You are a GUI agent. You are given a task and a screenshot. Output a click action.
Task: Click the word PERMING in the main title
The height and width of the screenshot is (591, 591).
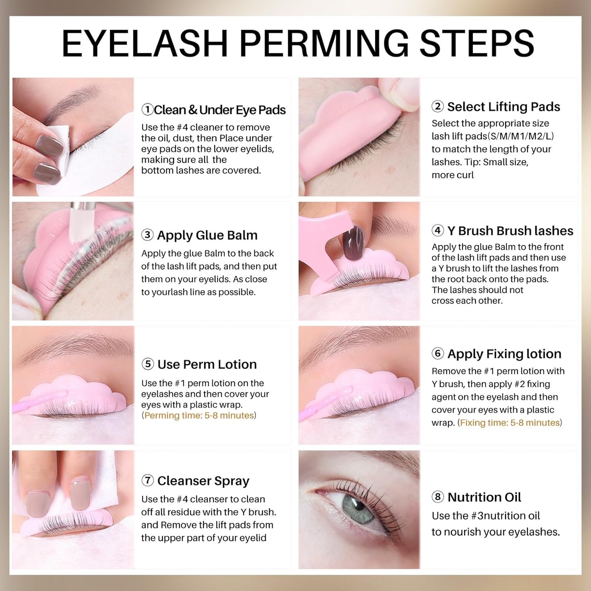[x=324, y=43]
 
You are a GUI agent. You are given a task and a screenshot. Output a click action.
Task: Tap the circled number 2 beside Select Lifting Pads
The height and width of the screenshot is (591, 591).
[x=438, y=106]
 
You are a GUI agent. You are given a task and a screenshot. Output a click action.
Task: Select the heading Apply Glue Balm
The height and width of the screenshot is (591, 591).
[x=207, y=235]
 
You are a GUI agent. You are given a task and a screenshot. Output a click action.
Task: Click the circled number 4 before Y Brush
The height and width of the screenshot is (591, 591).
[x=438, y=231]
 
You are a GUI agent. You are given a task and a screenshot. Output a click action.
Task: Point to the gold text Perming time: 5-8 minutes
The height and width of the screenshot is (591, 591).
[x=199, y=416]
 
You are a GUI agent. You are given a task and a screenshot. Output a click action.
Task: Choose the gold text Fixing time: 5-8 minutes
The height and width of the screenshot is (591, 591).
[x=510, y=423]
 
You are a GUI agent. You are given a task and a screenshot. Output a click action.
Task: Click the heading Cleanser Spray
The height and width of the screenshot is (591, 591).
[x=203, y=481]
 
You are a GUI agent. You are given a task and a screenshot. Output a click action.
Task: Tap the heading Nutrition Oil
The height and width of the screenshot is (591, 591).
[x=484, y=497]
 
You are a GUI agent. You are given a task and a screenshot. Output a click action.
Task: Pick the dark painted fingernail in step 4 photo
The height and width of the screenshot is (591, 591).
[x=353, y=243]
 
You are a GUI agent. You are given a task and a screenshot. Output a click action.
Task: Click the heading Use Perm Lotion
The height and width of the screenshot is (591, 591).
[x=207, y=364]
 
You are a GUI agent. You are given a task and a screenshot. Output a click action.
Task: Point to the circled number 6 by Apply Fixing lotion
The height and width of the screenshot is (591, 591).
[x=438, y=353]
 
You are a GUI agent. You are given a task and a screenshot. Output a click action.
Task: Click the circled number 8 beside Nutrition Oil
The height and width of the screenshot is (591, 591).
[x=438, y=497]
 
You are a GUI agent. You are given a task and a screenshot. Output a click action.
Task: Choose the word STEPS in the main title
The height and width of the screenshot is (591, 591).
[x=477, y=43]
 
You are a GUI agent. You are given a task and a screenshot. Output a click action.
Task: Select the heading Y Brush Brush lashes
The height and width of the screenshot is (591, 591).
[x=510, y=231]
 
